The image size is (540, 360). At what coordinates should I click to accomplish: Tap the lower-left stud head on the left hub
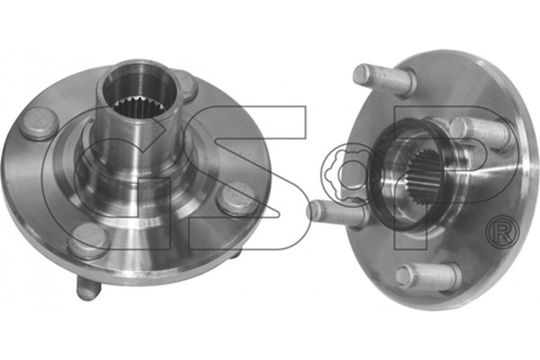[x=89, y=240]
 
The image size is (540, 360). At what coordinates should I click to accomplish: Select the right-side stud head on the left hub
[x=238, y=199]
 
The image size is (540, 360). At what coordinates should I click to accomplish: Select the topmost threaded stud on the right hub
[x=385, y=80]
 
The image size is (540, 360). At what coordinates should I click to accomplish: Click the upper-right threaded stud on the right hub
[x=481, y=133]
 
